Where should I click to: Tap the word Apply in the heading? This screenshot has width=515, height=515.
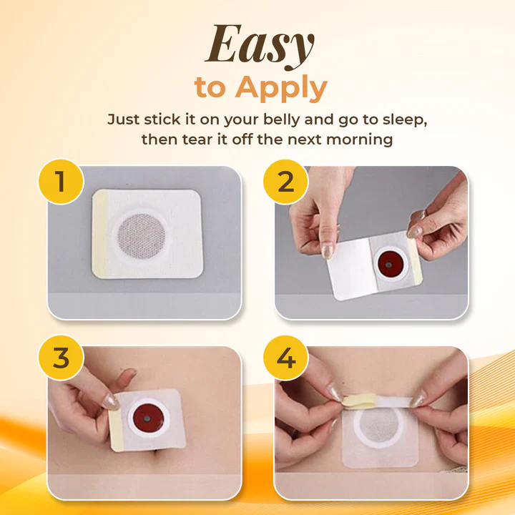(282, 88)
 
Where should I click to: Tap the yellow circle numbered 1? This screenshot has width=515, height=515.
(61, 181)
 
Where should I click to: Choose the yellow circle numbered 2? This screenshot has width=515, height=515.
(285, 181)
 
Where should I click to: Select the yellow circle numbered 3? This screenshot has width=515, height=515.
(61, 358)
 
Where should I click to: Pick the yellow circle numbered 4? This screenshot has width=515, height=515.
(285, 358)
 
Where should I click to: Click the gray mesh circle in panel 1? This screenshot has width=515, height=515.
(141, 236)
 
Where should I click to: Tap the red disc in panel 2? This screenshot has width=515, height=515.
(390, 264)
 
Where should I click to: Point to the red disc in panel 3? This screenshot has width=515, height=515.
(148, 418)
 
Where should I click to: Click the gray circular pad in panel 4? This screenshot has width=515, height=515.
(381, 426)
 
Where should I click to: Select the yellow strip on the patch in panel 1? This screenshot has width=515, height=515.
(99, 234)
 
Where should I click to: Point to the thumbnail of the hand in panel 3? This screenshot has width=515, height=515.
(110, 402)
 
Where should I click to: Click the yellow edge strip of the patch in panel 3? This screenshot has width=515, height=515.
(116, 431)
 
